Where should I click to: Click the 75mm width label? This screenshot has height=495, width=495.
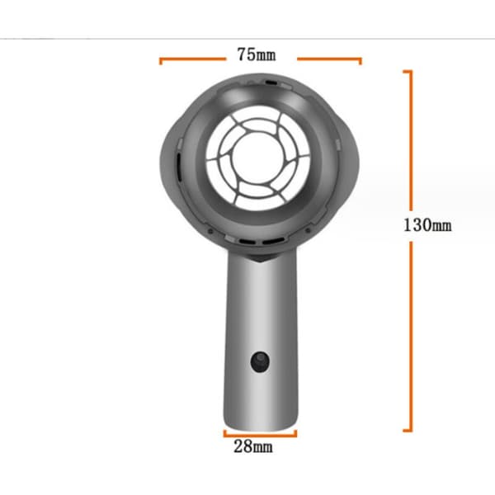click(x=257, y=54)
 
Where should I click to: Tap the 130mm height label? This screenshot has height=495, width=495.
click(x=427, y=225)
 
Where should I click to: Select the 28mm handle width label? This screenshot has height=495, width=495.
click(x=253, y=446)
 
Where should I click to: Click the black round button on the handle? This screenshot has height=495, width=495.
click(x=260, y=362)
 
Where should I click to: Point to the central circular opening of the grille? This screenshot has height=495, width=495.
click(x=258, y=158)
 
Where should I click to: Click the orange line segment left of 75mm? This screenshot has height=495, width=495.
click(x=192, y=59)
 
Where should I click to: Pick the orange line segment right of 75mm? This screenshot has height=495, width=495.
click(x=329, y=59)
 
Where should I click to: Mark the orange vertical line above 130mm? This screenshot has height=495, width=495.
click(x=411, y=140)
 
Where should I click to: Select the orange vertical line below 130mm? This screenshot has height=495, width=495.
click(x=411, y=337)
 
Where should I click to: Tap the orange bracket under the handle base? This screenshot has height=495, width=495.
click(x=260, y=436)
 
